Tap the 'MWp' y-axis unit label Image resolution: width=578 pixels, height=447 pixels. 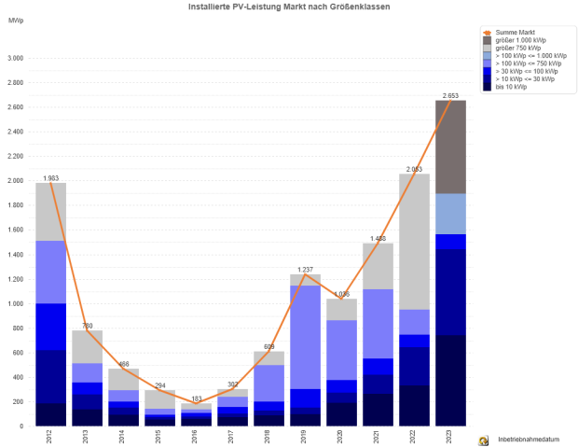(x=14, y=20)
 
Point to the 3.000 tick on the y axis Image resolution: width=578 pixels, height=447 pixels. (x=15, y=59)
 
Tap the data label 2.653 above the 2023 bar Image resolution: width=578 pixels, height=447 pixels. (x=450, y=95)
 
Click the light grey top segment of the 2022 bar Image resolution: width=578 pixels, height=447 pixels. (x=414, y=242)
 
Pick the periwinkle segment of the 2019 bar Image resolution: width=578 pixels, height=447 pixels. (x=305, y=337)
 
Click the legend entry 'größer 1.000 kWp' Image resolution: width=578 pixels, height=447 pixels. (x=520, y=40)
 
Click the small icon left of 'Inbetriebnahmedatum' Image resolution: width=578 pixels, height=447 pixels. (x=483, y=440)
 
